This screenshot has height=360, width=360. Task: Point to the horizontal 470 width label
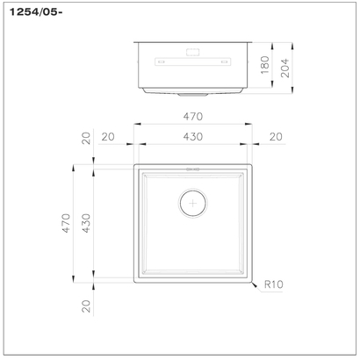[192, 116]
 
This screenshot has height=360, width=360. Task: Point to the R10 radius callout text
[271, 284]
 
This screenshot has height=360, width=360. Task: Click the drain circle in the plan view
[192, 203]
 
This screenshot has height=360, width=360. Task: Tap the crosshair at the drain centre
[192, 203]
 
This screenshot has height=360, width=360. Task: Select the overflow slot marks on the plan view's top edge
[192, 170]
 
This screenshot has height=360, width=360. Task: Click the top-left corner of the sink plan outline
[134, 164]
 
